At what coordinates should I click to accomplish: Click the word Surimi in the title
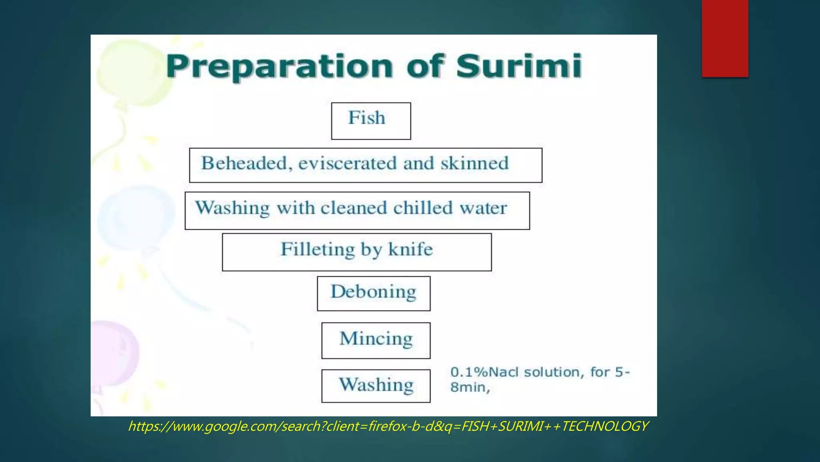(x=519, y=66)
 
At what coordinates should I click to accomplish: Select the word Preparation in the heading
(x=279, y=67)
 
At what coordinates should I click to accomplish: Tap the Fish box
(x=371, y=121)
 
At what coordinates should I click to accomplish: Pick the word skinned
(x=474, y=164)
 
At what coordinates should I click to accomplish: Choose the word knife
(x=410, y=249)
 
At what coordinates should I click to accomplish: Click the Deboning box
(x=374, y=293)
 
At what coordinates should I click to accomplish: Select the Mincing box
(x=376, y=340)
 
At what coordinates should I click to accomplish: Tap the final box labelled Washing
(x=376, y=385)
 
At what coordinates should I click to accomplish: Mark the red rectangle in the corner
(x=725, y=38)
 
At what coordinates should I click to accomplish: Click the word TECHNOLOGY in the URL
(x=605, y=426)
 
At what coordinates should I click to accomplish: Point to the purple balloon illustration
(x=114, y=353)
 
